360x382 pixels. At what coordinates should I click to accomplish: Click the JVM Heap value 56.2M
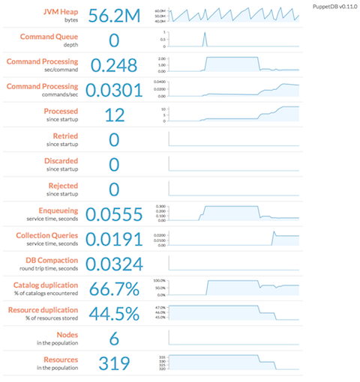tap(114, 16)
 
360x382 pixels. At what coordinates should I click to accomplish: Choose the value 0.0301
tap(114, 91)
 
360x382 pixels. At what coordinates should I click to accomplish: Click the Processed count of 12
tap(114, 115)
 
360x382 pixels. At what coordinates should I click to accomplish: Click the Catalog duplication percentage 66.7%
tap(114, 289)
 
